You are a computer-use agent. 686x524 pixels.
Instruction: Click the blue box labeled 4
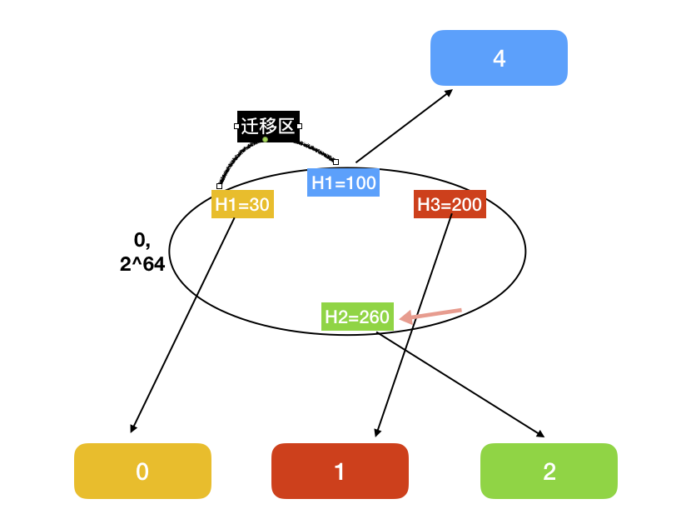click(x=499, y=58)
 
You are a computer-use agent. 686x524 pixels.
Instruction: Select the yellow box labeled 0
click(x=142, y=472)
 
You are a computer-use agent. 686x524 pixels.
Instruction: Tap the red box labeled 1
click(x=340, y=472)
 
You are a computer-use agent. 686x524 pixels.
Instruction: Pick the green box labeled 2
click(x=549, y=472)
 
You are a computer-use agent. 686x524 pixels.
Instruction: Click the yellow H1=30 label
click(x=242, y=204)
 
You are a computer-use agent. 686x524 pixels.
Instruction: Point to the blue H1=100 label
click(x=343, y=182)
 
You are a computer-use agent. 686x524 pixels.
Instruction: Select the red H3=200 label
click(x=449, y=204)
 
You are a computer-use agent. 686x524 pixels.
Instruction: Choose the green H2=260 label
click(x=357, y=317)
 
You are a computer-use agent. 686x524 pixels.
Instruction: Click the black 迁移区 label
click(x=267, y=127)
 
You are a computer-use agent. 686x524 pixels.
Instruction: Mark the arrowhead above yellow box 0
click(x=132, y=429)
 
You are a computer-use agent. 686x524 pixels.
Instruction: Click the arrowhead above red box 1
click(x=377, y=432)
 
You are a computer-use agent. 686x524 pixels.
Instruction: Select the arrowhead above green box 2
click(x=540, y=434)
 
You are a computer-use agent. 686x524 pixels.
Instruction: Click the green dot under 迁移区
click(x=265, y=139)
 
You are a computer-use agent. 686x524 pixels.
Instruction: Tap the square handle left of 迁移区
click(x=236, y=127)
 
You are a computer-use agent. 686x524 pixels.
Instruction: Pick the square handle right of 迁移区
click(x=300, y=127)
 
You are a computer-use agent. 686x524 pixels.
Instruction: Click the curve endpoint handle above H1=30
click(x=219, y=186)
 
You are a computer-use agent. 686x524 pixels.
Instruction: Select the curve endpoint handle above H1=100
click(x=336, y=162)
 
